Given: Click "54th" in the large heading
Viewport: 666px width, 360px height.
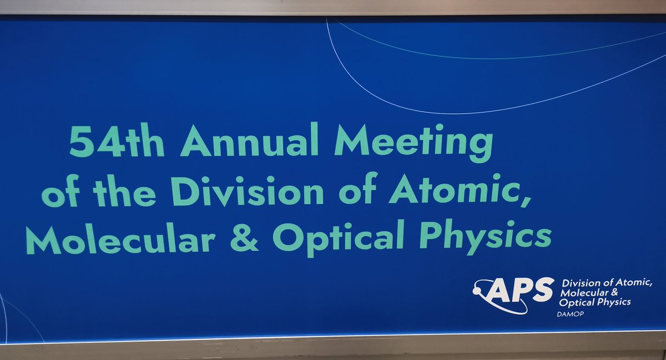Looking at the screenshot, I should pos(116,141).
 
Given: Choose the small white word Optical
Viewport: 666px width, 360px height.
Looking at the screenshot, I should pos(577,302).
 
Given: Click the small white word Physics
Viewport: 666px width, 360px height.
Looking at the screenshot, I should pos(613,302).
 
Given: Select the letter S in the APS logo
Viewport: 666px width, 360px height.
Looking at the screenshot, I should pos(543,290).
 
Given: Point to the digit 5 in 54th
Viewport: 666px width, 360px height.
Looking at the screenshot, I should pos(81,141).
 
